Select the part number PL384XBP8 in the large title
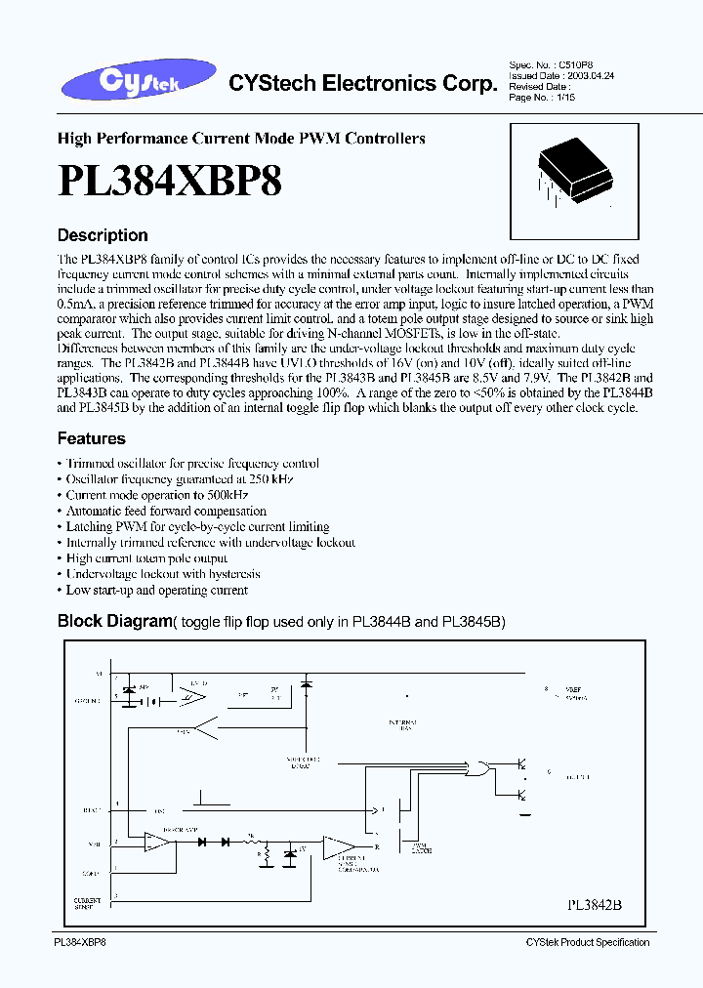(x=170, y=183)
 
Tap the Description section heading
(x=103, y=235)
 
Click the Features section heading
(x=91, y=439)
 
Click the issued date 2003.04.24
(x=596, y=74)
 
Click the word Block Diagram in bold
(x=114, y=621)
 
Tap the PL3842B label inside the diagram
(x=594, y=905)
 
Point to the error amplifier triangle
(x=154, y=841)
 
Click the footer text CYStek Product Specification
(x=587, y=942)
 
